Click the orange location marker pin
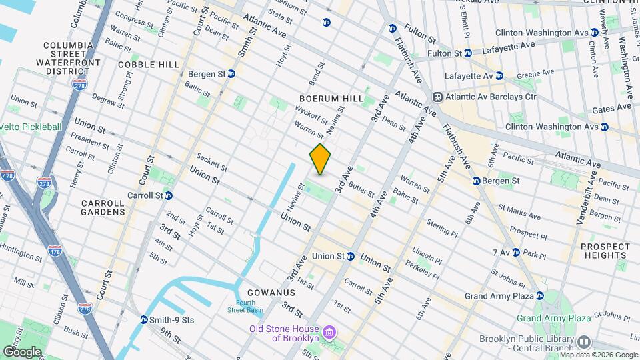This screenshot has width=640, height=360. (x=320, y=159)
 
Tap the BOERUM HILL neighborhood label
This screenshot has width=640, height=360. (x=331, y=99)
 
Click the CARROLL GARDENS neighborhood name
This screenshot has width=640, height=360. (x=103, y=207)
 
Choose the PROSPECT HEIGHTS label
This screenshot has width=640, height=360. (x=605, y=251)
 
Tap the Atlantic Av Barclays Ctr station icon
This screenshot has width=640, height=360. (x=439, y=97)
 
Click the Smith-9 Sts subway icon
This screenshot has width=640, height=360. (x=144, y=320)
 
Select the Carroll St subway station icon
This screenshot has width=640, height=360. (x=169, y=195)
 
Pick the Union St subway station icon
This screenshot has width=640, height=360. (x=350, y=256)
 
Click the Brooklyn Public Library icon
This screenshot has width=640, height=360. (x=584, y=342)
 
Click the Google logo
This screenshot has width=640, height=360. (x=22, y=351)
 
